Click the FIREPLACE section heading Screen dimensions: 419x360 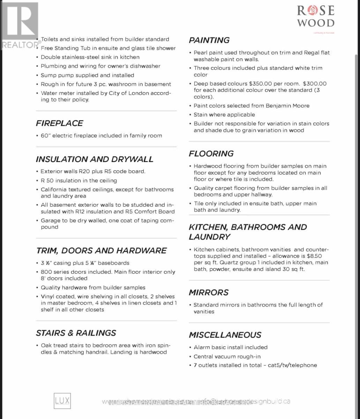[59, 123]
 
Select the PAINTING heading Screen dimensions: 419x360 [209, 41]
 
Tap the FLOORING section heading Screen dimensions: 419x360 [211, 154]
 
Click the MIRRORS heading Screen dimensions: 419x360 [209, 293]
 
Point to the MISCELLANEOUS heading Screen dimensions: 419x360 [225, 335]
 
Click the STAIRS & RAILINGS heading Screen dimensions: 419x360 [76, 333]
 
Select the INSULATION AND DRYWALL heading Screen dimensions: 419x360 [95, 159]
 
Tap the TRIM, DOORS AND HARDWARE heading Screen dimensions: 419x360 [101, 251]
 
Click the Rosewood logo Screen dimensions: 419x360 [316, 17]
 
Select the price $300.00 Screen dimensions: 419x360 [315, 84]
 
